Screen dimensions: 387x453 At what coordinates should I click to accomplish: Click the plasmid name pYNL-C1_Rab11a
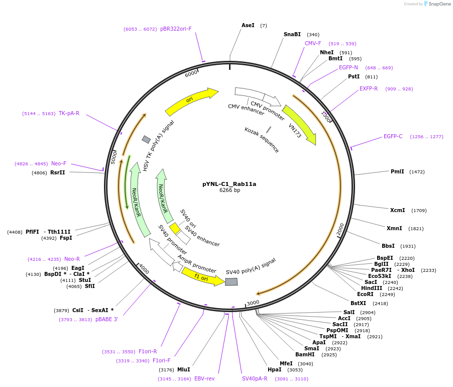(229, 184)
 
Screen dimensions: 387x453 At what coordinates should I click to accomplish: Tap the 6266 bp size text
(230, 190)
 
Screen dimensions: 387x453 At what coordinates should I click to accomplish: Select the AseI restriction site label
(248, 25)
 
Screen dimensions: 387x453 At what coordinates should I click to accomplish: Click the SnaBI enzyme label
(292, 35)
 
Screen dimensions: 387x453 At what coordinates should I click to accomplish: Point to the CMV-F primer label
(313, 44)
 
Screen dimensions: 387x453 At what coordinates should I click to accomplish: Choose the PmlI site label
(397, 171)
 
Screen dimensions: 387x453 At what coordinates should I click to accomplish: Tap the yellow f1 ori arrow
(202, 276)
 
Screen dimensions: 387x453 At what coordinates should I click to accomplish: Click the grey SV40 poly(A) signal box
(231, 282)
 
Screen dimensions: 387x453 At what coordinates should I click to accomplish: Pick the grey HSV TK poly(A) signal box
(146, 139)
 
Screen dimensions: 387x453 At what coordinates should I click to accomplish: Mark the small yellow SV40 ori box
(175, 229)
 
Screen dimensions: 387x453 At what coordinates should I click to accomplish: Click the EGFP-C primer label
(393, 136)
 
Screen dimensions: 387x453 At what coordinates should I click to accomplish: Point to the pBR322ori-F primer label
(176, 29)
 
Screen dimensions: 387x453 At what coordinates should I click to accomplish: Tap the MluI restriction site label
(184, 369)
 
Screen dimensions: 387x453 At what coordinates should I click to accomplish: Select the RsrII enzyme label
(57, 172)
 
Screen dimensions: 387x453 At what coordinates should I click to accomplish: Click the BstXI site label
(358, 303)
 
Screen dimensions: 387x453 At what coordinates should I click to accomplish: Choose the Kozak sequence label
(262, 140)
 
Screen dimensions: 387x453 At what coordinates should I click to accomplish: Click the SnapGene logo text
(439, 4)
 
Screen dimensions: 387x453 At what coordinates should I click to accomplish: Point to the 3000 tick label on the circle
(253, 303)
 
